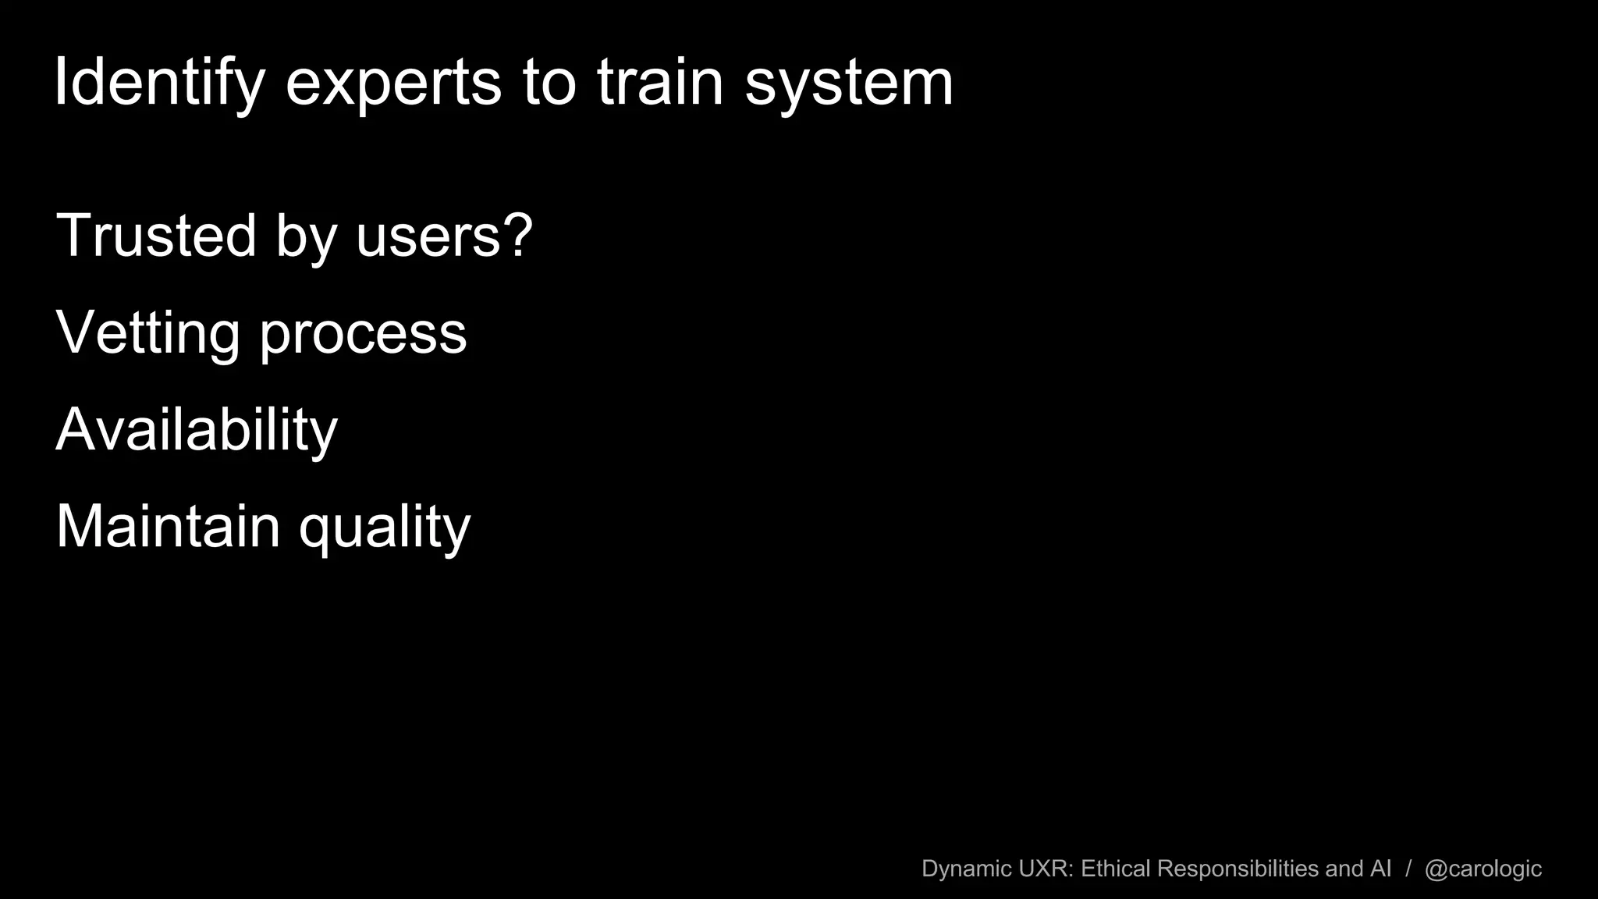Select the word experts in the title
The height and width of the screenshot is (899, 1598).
393,84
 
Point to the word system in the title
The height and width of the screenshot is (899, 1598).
849,84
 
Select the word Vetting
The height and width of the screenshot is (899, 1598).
147,333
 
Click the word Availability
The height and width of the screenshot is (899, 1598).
197,430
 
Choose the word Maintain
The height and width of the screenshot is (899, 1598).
168,526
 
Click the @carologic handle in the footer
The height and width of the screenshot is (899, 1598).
1483,869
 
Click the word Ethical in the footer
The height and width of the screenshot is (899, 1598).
1115,869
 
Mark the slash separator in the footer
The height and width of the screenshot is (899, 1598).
1408,869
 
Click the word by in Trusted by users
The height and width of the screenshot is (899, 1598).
306,236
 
